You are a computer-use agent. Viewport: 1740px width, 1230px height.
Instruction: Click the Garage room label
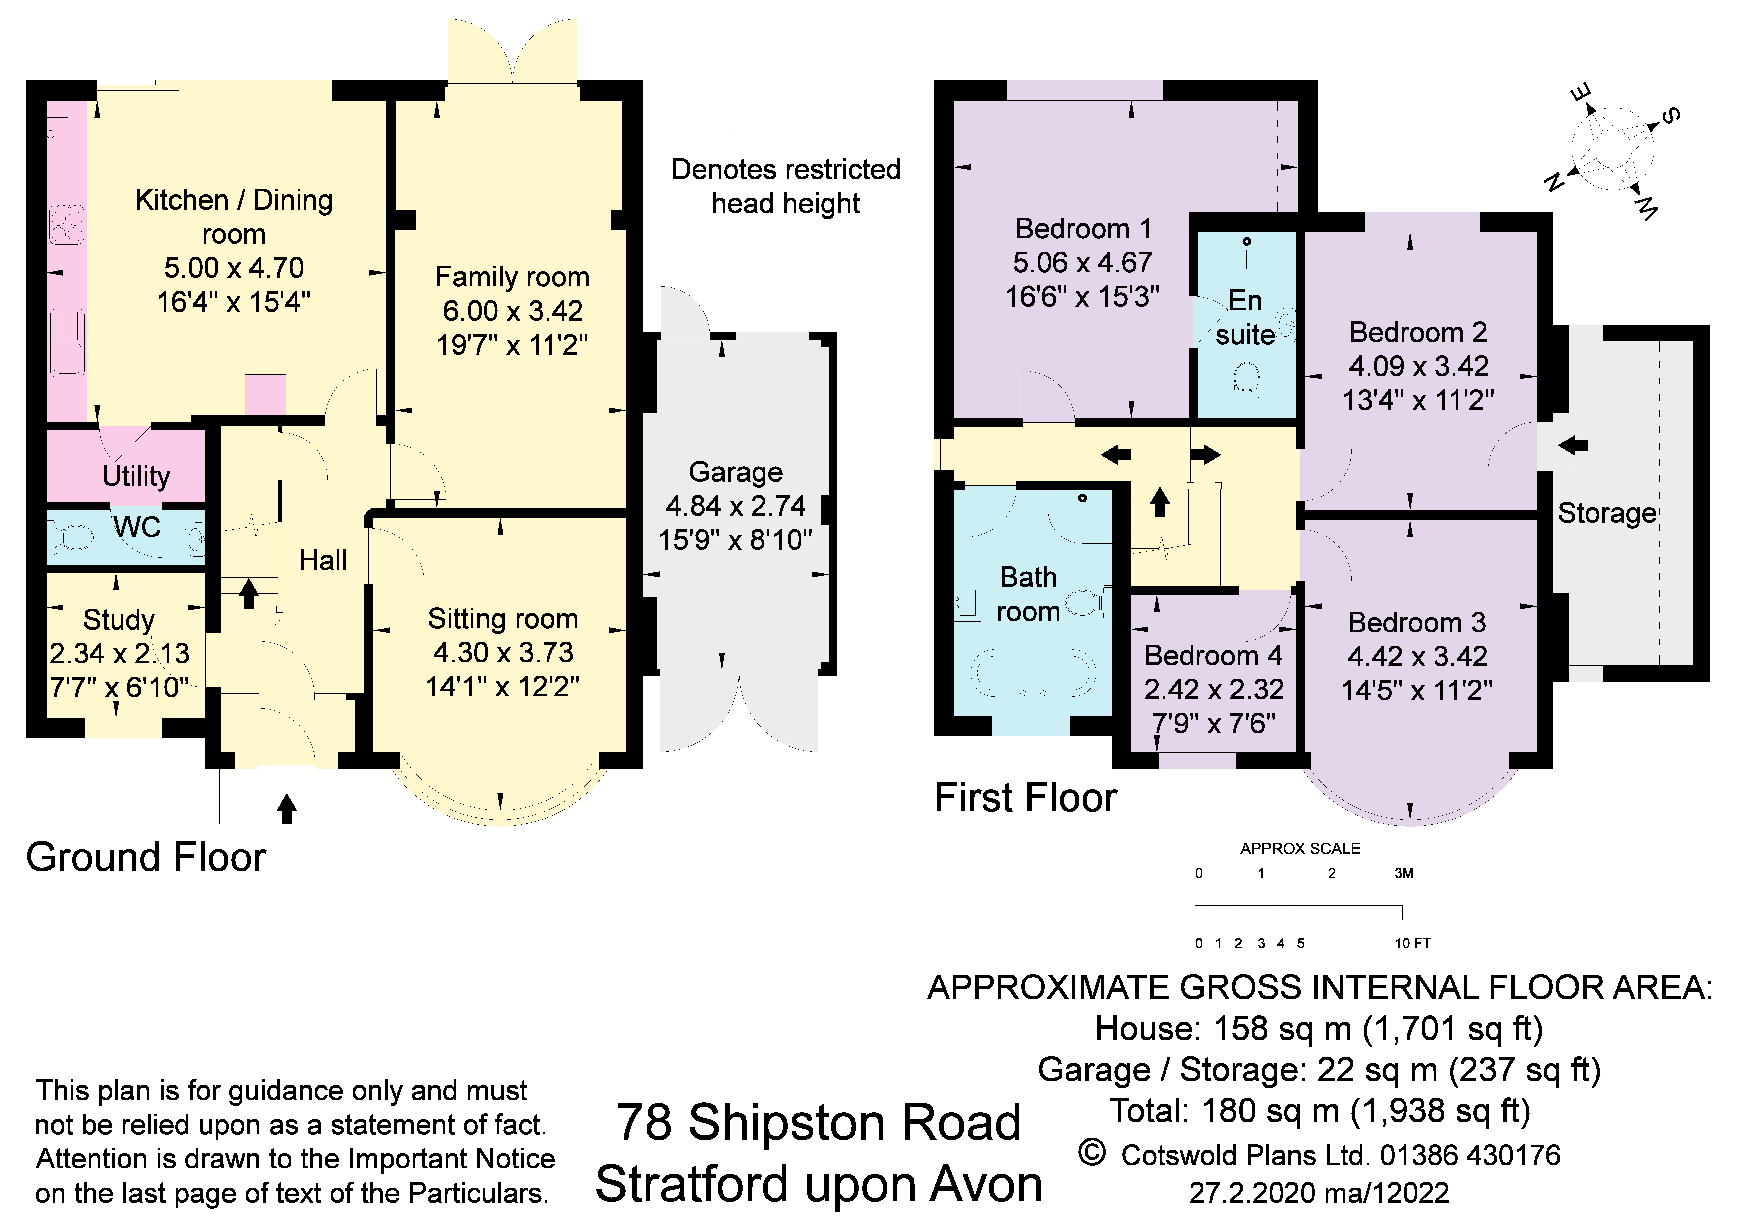(x=735, y=472)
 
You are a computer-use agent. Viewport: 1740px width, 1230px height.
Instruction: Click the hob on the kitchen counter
(x=67, y=224)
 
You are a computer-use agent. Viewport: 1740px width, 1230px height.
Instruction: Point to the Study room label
(x=118, y=620)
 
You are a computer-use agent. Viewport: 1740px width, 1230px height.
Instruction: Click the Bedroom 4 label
(x=1213, y=656)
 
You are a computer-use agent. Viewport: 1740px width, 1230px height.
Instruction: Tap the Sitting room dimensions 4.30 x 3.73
(x=503, y=653)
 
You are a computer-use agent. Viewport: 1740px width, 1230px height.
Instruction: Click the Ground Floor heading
(x=146, y=858)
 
